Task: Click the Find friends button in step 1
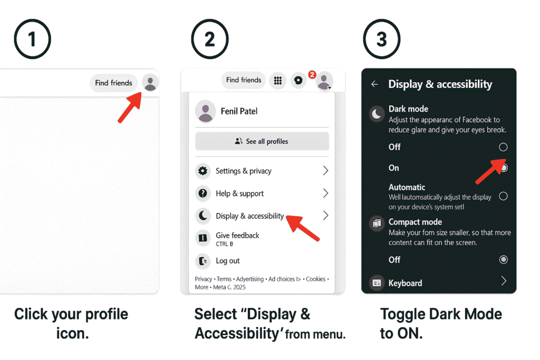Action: tap(113, 83)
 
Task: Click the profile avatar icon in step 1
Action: tap(150, 83)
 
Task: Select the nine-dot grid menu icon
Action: tap(277, 81)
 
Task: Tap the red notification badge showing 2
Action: tap(312, 75)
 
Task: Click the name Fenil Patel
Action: tap(239, 111)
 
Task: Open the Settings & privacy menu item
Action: tap(244, 171)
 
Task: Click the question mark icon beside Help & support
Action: tap(202, 193)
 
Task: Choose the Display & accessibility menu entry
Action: tap(249, 216)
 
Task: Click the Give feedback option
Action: tap(237, 236)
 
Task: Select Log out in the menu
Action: tap(227, 261)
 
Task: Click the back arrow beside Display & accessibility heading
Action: tap(374, 84)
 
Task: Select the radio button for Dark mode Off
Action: tap(503, 147)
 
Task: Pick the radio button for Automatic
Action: tap(503, 196)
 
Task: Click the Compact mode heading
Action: tap(415, 222)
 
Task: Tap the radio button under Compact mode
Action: tap(503, 259)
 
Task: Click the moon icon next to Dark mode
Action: tap(377, 114)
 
